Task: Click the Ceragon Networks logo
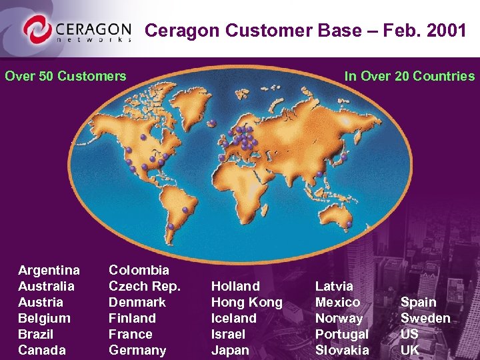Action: pyautogui.click(x=76, y=29)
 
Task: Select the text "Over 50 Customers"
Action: pyautogui.click(x=65, y=76)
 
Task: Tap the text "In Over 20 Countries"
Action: pyautogui.click(x=409, y=76)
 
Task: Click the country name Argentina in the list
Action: pyautogui.click(x=49, y=270)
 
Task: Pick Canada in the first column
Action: pyautogui.click(x=42, y=350)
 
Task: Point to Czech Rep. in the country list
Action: pyautogui.click(x=145, y=286)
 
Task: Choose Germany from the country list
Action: pyautogui.click(x=137, y=350)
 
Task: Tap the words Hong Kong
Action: pyautogui.click(x=247, y=302)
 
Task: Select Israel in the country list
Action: pyautogui.click(x=228, y=334)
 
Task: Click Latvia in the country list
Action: pyautogui.click(x=334, y=286)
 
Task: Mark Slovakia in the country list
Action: pyautogui.click(x=342, y=350)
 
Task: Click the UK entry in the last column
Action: pyautogui.click(x=410, y=350)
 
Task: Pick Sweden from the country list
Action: pyautogui.click(x=425, y=318)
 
